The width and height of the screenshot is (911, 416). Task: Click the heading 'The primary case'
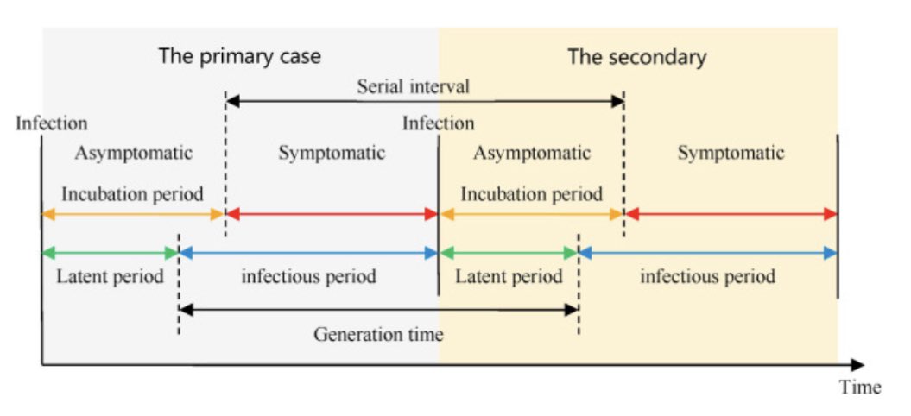click(239, 57)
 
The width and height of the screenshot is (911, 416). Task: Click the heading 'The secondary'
click(636, 57)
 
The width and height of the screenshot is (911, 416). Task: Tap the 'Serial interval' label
click(413, 86)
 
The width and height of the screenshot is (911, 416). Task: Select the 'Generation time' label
click(378, 333)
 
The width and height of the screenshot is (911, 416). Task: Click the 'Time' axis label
click(860, 387)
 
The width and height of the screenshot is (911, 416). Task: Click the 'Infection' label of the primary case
click(51, 123)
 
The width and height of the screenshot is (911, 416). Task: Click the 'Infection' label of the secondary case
click(438, 123)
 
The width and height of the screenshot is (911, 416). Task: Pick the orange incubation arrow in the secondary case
click(531, 213)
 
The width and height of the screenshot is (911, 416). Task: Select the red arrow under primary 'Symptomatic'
click(332, 213)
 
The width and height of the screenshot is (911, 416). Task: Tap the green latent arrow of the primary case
click(110, 253)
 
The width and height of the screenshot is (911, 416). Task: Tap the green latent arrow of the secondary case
click(508, 253)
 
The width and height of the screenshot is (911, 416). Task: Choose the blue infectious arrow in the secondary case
click(707, 253)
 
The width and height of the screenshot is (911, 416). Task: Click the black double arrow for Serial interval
click(424, 101)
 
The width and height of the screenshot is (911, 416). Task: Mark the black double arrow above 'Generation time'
click(378, 308)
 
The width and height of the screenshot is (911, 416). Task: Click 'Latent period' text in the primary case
click(110, 277)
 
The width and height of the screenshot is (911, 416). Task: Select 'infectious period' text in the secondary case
click(707, 277)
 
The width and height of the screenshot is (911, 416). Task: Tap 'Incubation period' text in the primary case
click(132, 192)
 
